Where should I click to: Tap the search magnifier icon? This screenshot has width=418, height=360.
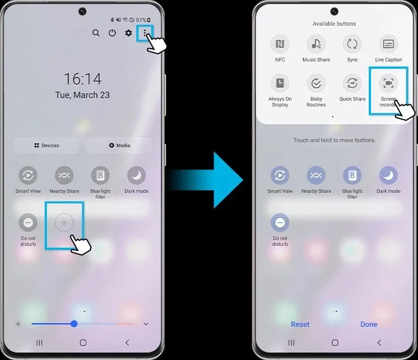pyautogui.click(x=96, y=33)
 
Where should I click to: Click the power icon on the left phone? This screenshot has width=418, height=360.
pyautogui.click(x=112, y=33)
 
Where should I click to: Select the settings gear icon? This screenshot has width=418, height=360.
pyautogui.click(x=128, y=33)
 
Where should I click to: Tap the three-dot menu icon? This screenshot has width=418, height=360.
pyautogui.click(x=145, y=33)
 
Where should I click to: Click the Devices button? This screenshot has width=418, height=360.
pyautogui.click(x=46, y=146)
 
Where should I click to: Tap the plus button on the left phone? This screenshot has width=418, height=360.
pyautogui.click(x=64, y=222)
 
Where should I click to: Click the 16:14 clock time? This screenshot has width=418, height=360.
pyautogui.click(x=82, y=79)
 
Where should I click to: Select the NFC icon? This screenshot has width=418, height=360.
pyautogui.click(x=280, y=44)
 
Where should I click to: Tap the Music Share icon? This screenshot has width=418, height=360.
pyautogui.click(x=316, y=44)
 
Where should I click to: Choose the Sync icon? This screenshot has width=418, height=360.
pyautogui.click(x=352, y=44)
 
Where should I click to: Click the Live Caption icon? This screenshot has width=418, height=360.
pyautogui.click(x=388, y=44)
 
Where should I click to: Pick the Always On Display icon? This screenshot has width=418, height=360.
pyautogui.click(x=280, y=83)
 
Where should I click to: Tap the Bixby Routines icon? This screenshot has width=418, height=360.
pyautogui.click(x=316, y=83)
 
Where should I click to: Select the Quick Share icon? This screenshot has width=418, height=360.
pyautogui.click(x=352, y=83)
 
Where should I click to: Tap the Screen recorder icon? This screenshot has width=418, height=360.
pyautogui.click(x=388, y=83)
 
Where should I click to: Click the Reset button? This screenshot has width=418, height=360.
pyautogui.click(x=300, y=324)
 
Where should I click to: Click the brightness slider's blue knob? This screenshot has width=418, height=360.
pyautogui.click(x=74, y=324)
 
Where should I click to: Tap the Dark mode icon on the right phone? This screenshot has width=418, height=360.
pyautogui.click(x=388, y=175)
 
